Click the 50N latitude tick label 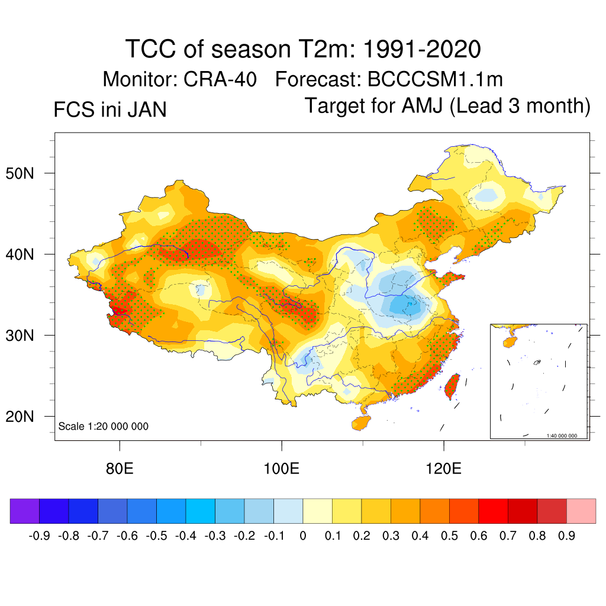coord(26,174)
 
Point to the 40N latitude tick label coord(26,255)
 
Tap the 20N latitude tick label coord(26,417)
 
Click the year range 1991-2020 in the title coord(421,49)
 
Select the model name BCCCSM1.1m coord(435,79)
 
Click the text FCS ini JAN coord(110,110)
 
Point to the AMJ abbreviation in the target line coord(424,107)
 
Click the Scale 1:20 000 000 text coord(104,426)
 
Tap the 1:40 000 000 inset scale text coord(566,436)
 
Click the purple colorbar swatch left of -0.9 coord(24,511)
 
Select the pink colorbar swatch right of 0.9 coord(581,511)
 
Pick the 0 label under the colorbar coord(303,536)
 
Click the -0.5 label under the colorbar coord(156,536)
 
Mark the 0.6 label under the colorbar coord(479,536)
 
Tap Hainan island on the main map coord(361,423)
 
